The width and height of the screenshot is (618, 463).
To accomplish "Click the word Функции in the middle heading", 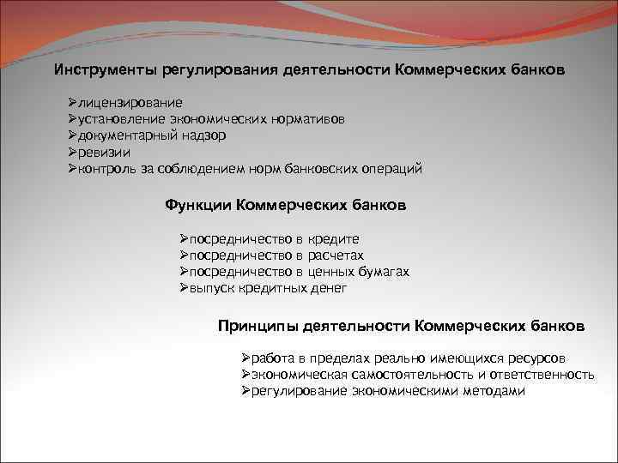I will [x=197, y=206].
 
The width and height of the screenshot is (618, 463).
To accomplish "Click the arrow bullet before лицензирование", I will [x=73, y=102].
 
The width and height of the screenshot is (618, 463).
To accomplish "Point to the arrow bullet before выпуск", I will [x=184, y=288].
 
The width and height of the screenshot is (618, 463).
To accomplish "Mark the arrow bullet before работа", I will [x=245, y=358].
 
